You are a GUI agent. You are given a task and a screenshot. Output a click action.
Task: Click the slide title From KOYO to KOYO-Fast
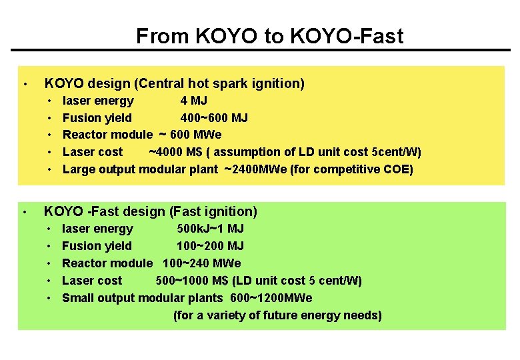(x=269, y=35)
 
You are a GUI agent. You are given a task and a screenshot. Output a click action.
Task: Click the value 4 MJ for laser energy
(x=193, y=101)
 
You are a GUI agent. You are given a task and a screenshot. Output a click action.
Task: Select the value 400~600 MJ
(x=214, y=118)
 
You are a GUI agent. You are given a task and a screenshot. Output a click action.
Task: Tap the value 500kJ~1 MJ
(x=210, y=229)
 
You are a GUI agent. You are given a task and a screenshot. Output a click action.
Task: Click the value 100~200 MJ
(x=210, y=246)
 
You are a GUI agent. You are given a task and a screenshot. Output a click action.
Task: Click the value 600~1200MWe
(x=271, y=298)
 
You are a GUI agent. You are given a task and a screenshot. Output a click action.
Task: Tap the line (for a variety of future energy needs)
(x=277, y=315)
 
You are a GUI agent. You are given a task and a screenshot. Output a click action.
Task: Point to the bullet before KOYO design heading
(x=24, y=84)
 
